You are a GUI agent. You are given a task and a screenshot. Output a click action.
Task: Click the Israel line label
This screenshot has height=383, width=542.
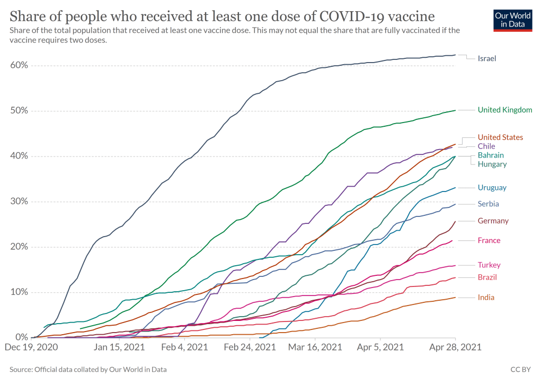[486, 58]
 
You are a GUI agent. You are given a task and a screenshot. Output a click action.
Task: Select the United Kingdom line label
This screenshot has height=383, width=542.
[504, 110]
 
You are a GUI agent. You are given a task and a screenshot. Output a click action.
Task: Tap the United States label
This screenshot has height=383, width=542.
[500, 137]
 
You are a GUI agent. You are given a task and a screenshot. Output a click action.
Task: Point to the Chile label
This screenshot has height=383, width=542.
[486, 146]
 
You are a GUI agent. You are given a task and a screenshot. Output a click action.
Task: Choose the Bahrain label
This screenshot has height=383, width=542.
[491, 155]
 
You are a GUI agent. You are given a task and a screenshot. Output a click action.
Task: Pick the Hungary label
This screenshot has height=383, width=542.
[492, 164]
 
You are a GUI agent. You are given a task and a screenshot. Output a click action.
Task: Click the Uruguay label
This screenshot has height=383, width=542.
[492, 187]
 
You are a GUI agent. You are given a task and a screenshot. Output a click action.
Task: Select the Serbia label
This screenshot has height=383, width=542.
[488, 204]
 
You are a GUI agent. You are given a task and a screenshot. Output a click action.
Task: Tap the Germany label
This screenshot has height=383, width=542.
[493, 221]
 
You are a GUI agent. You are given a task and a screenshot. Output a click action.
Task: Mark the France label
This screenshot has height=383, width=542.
[488, 240]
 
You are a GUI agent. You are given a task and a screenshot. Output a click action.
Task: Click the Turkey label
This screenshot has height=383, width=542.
[488, 265]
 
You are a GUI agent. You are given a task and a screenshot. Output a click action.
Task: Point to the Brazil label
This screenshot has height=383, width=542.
[487, 277]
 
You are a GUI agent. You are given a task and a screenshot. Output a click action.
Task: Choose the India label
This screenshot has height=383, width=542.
[485, 297]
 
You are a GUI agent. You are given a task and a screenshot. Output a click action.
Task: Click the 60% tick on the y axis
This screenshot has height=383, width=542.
[19, 65]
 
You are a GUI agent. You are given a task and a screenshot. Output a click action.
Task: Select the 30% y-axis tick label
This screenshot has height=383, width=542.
[19, 202]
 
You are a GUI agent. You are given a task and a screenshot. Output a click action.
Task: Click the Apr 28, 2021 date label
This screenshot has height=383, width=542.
[455, 347]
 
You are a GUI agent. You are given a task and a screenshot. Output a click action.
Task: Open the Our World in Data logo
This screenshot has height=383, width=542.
[512, 20]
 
